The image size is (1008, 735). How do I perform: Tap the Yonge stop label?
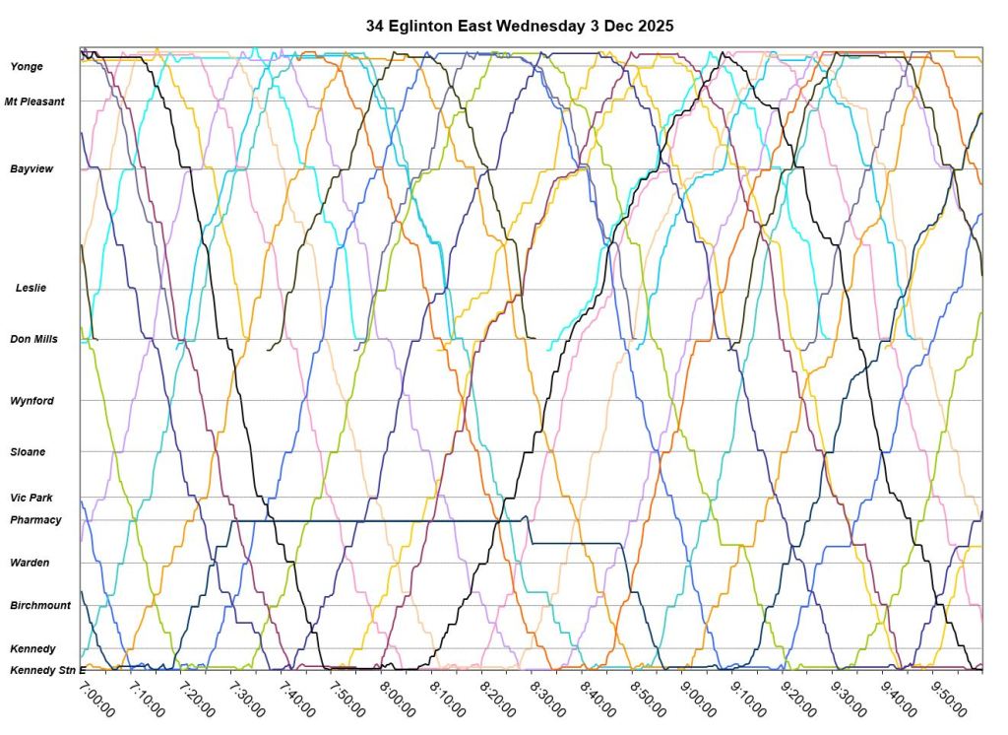click(27, 66)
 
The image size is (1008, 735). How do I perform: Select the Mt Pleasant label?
click(34, 100)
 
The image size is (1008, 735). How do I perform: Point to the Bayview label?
click(31, 168)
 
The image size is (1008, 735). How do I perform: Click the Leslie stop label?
click(31, 288)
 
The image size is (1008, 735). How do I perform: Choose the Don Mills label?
click(33, 339)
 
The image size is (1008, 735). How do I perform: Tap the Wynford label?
click(31, 401)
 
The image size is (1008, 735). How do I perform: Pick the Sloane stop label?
click(28, 451)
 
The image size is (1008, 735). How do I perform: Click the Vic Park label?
click(31, 498)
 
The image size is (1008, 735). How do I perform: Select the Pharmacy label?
click(35, 519)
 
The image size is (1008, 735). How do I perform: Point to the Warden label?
click(30, 563)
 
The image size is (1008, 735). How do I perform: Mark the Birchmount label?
click(40, 605)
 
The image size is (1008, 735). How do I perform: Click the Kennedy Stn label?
click(40, 670)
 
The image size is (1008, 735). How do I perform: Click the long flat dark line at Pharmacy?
click(374, 521)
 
